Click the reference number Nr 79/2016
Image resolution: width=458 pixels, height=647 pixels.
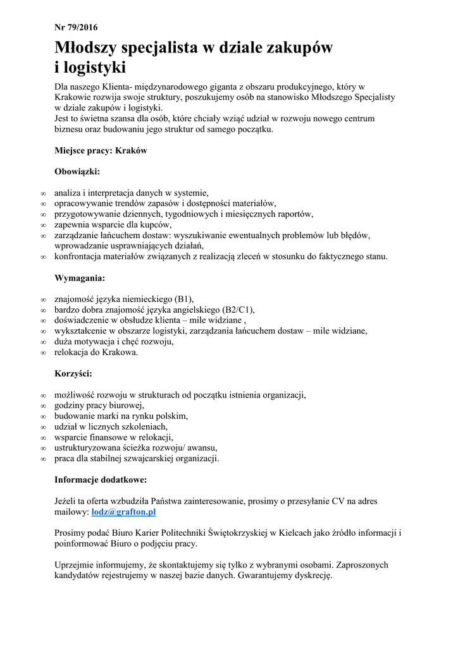click(76, 27)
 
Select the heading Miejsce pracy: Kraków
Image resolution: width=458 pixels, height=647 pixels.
click(101, 151)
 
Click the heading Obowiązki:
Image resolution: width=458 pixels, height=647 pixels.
click(77, 171)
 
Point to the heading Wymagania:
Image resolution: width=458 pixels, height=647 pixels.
click(80, 277)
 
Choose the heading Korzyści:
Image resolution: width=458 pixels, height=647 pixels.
click(73, 373)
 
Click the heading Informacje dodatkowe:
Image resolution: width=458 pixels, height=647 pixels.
click(101, 479)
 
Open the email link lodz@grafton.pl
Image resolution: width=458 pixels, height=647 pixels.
click(124, 511)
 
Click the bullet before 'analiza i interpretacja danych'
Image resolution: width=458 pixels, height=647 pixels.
click(42, 193)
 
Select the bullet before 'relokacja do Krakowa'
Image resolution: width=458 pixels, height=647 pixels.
click(42, 353)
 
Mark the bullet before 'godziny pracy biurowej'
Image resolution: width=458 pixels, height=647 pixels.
click(42, 406)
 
